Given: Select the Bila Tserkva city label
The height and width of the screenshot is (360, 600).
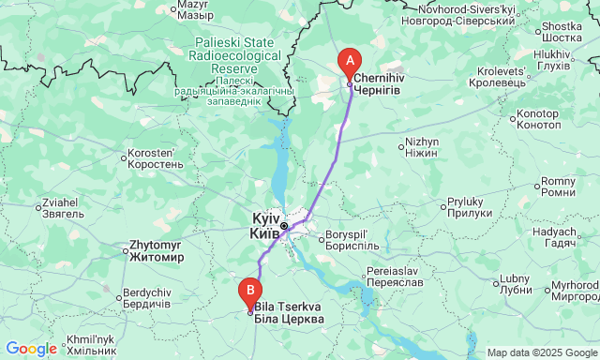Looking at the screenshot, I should pos(288,313).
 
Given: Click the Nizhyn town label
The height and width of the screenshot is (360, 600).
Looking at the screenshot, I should pos(422,147).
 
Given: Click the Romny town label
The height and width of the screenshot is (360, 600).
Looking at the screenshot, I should pos(559,187).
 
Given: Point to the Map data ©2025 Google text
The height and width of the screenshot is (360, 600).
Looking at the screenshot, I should pos(541,352).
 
